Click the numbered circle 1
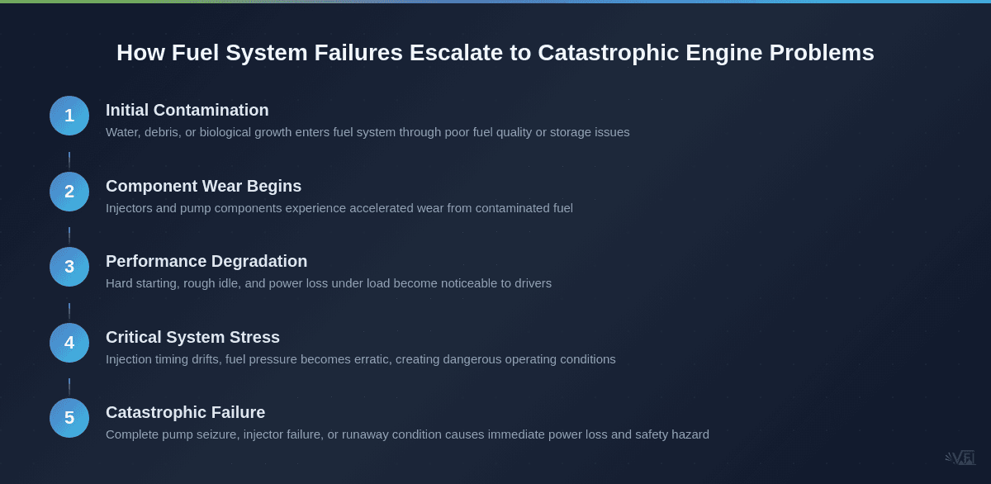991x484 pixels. (69, 116)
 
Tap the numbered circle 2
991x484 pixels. (69, 192)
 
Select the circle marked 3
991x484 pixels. (69, 267)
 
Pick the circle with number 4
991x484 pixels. (69, 343)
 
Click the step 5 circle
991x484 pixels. (69, 418)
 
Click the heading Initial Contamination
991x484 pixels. (187, 110)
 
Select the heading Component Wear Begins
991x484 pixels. (203, 186)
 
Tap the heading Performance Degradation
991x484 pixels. (206, 261)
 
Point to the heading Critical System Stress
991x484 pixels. (192, 337)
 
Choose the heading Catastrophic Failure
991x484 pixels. (185, 412)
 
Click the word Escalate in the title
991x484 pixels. (456, 53)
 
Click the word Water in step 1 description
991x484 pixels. (122, 132)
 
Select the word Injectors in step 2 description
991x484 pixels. (129, 208)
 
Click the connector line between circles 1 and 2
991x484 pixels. (69, 160)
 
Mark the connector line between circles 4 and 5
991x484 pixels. (69, 387)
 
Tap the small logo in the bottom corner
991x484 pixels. (960, 458)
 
